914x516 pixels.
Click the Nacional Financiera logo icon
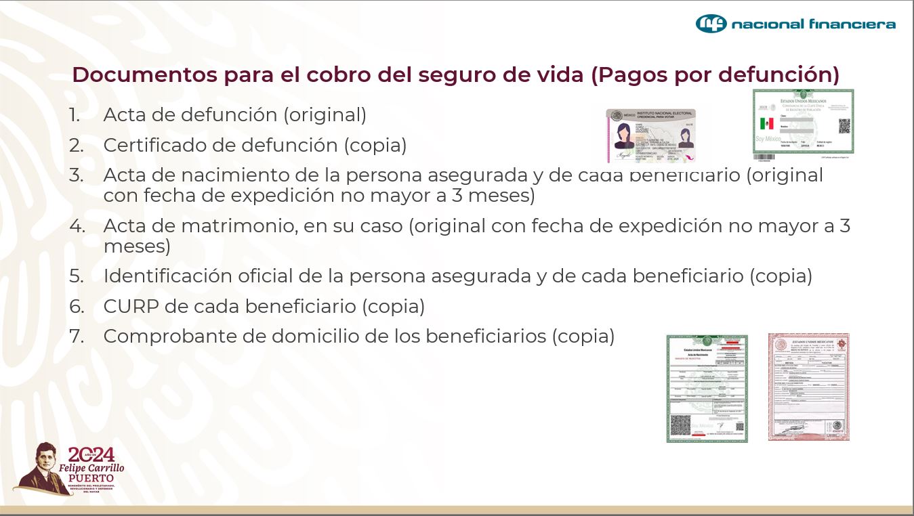711,24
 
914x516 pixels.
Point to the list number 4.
77,226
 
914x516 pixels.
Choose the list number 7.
77,337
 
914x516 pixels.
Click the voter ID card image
650,135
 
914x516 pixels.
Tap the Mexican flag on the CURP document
766,124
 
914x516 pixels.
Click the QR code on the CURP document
844,126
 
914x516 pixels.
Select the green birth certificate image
707,388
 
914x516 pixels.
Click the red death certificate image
808,387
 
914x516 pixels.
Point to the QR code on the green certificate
680,425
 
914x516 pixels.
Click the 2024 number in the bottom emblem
91,454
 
